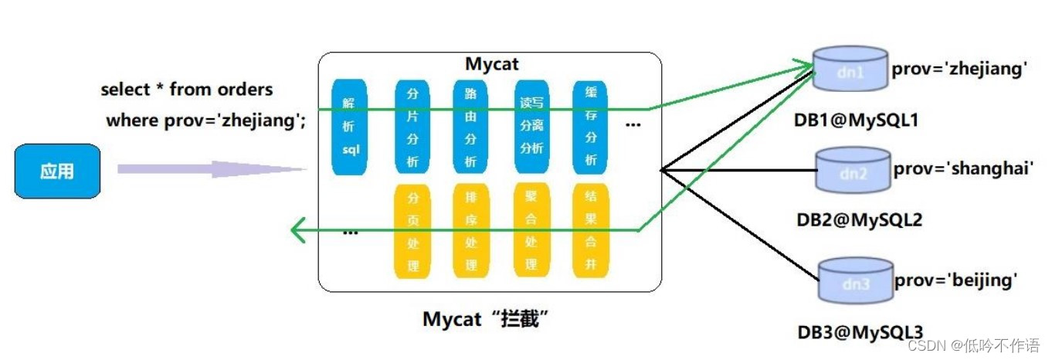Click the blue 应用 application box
58,171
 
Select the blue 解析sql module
348,127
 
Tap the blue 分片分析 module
412,127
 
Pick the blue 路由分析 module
470,127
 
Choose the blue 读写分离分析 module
531,127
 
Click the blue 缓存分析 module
591,127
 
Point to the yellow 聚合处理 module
531,230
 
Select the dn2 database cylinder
853,172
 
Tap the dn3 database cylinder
855,283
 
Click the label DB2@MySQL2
859,220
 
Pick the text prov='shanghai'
963,168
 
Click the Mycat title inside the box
491,63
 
